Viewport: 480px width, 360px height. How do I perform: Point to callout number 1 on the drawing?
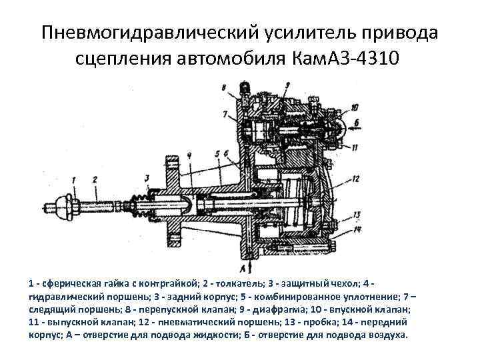point(74,178)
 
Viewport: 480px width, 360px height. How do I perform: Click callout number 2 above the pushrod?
point(95,178)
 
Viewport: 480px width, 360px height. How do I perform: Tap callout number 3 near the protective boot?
point(146,177)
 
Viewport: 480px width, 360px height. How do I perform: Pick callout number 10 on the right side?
point(354,107)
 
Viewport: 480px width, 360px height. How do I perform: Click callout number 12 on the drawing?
point(357,178)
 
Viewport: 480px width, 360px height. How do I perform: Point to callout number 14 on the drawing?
point(357,229)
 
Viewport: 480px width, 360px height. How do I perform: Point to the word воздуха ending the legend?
point(386,335)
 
